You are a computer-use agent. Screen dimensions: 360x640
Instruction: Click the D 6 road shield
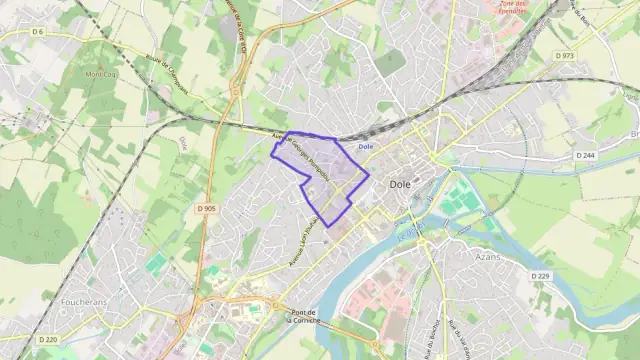tap(37, 32)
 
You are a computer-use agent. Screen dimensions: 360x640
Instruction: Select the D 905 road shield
tap(206, 208)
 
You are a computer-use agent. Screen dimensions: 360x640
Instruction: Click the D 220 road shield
tap(48, 340)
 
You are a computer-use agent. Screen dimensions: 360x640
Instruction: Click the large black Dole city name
tap(401, 184)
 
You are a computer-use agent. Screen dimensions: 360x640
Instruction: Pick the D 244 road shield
tap(586, 155)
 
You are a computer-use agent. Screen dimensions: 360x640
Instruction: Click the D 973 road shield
tap(566, 55)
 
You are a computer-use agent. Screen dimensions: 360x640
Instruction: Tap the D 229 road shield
tap(540, 275)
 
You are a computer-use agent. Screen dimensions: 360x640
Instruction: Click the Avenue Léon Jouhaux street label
tap(301, 243)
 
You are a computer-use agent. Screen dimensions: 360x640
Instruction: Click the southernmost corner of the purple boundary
tap(328, 226)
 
